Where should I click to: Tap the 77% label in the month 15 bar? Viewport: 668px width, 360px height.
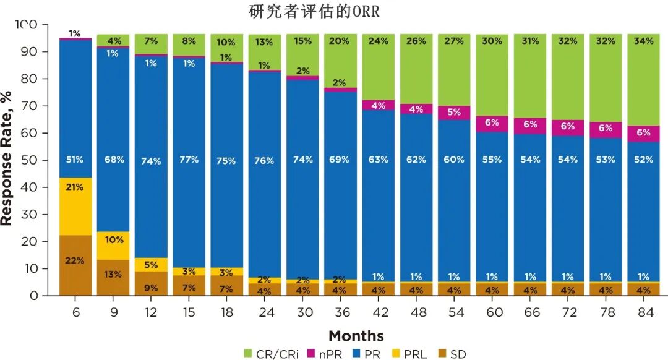tap(189, 160)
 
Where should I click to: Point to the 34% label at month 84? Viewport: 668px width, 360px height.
tap(643, 41)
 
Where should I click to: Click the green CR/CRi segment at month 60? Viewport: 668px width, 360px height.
tap(492, 74)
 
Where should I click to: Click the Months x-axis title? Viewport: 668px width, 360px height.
tap(356, 336)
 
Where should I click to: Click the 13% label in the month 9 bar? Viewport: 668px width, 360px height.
tap(113, 275)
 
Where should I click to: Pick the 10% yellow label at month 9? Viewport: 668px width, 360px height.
tap(113, 240)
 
